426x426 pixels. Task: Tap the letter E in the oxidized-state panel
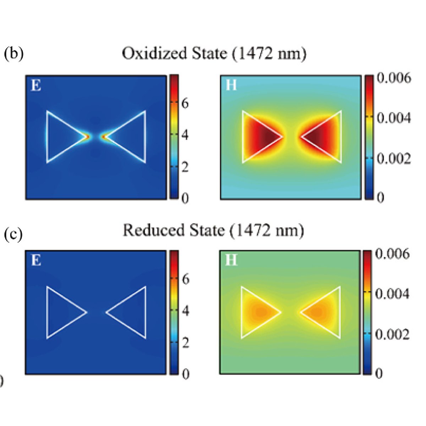(36, 86)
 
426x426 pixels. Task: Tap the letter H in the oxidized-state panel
(231, 85)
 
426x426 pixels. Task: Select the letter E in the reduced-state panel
(36, 261)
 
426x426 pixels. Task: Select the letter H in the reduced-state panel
(231, 261)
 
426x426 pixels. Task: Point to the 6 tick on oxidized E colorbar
(185, 103)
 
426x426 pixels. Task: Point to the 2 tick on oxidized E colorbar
(185, 167)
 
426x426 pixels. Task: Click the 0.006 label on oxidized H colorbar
(394, 78)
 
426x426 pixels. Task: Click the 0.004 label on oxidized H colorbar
(394, 118)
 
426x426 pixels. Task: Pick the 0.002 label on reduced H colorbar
(392, 334)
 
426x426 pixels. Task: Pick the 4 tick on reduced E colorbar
(185, 311)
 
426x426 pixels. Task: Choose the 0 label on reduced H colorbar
(379, 373)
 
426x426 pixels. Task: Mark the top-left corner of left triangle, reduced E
(47, 287)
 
